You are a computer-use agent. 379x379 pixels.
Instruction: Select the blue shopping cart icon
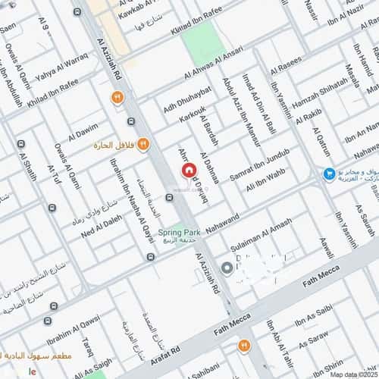click(329, 174)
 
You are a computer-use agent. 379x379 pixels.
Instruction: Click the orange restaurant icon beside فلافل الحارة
click(144, 143)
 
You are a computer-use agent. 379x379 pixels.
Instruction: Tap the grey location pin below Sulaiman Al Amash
click(227, 268)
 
